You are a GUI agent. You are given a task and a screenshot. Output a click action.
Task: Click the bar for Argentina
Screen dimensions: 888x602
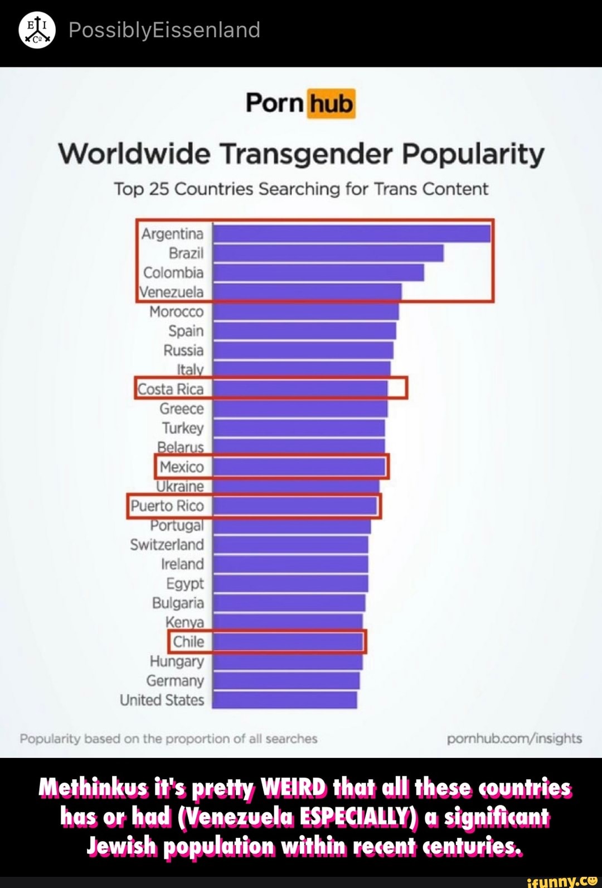pyautogui.click(x=351, y=233)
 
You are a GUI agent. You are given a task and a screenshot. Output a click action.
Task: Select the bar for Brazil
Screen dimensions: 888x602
pyautogui.click(x=328, y=253)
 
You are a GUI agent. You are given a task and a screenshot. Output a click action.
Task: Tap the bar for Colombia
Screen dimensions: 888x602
pyautogui.click(x=318, y=272)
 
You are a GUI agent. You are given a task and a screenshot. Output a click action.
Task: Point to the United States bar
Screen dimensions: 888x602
pyautogui.click(x=284, y=700)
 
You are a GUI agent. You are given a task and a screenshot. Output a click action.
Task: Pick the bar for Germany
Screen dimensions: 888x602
pyautogui.click(x=285, y=680)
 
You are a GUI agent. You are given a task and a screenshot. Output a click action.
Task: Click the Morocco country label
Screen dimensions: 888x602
pyautogui.click(x=176, y=311)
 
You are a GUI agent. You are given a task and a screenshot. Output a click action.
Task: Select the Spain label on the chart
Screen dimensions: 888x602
pyautogui.click(x=186, y=331)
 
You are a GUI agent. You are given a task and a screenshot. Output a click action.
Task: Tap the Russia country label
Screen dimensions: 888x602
pyautogui.click(x=183, y=351)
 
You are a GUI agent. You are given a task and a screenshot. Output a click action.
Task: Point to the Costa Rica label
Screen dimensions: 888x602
pyautogui.click(x=171, y=389)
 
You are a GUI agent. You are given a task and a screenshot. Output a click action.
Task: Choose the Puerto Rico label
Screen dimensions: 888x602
pyautogui.click(x=167, y=506)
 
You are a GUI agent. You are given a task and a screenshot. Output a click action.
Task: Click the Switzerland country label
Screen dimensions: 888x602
pyautogui.click(x=167, y=545)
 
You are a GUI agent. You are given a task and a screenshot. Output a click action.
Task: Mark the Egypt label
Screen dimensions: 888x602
pyautogui.click(x=185, y=583)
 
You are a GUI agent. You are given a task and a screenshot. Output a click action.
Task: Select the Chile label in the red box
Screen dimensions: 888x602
pyautogui.click(x=188, y=642)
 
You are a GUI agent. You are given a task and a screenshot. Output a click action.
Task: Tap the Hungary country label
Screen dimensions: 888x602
pyautogui.click(x=177, y=661)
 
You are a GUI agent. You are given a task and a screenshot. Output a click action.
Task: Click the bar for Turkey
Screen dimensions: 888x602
pyautogui.click(x=298, y=428)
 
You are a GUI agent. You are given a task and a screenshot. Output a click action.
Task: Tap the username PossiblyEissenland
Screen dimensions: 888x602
pyautogui.click(x=164, y=30)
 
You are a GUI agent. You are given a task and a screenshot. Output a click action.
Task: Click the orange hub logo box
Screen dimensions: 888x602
pyautogui.click(x=331, y=104)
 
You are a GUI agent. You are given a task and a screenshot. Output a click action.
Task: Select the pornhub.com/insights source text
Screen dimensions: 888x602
pyautogui.click(x=514, y=738)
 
